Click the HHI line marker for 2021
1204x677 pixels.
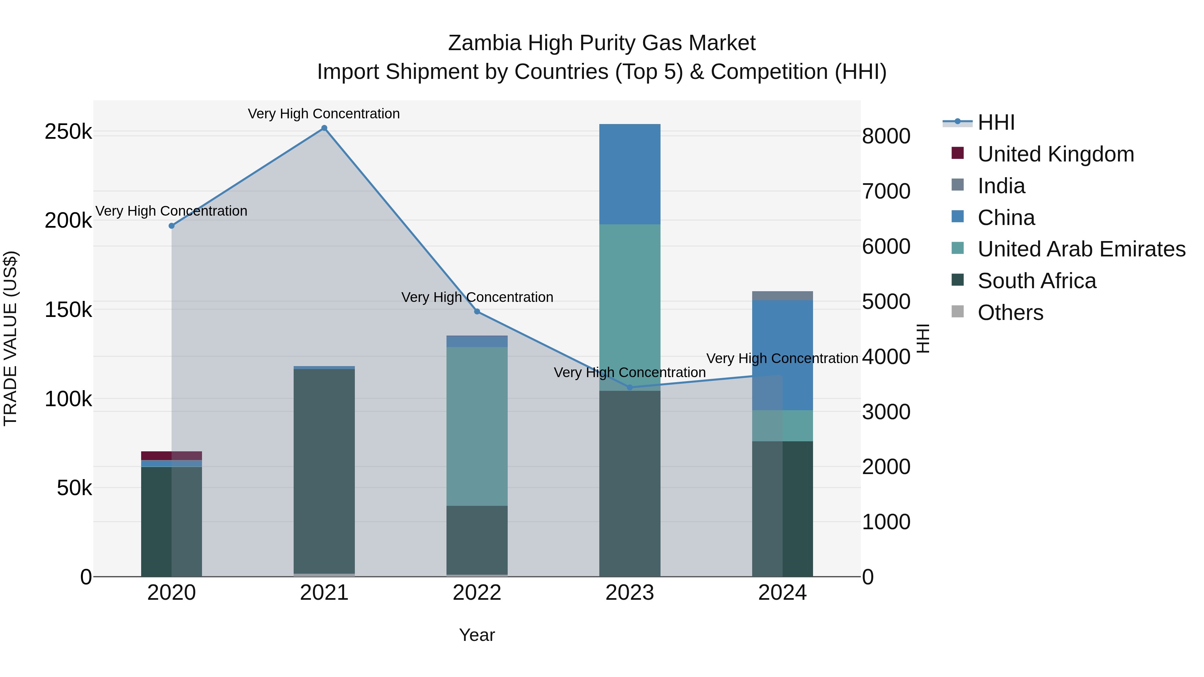tap(324, 128)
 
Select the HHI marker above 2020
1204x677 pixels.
tap(172, 226)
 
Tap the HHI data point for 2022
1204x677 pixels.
tap(477, 311)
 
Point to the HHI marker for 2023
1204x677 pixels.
tap(629, 387)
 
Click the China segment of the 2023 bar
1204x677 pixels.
tap(629, 174)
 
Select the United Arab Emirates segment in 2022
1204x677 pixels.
tap(477, 426)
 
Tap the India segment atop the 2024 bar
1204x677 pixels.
tap(782, 296)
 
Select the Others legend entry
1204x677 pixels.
tap(1010, 313)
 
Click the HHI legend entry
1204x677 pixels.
tap(996, 122)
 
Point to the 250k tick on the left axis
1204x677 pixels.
tap(68, 132)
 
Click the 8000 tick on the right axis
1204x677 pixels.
tap(886, 136)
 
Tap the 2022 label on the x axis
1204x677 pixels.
tap(477, 593)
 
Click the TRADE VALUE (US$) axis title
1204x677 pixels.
tap(11, 338)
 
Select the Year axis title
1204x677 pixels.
tap(477, 635)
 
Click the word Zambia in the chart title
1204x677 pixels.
tap(484, 43)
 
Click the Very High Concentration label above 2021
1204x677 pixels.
tap(323, 114)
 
